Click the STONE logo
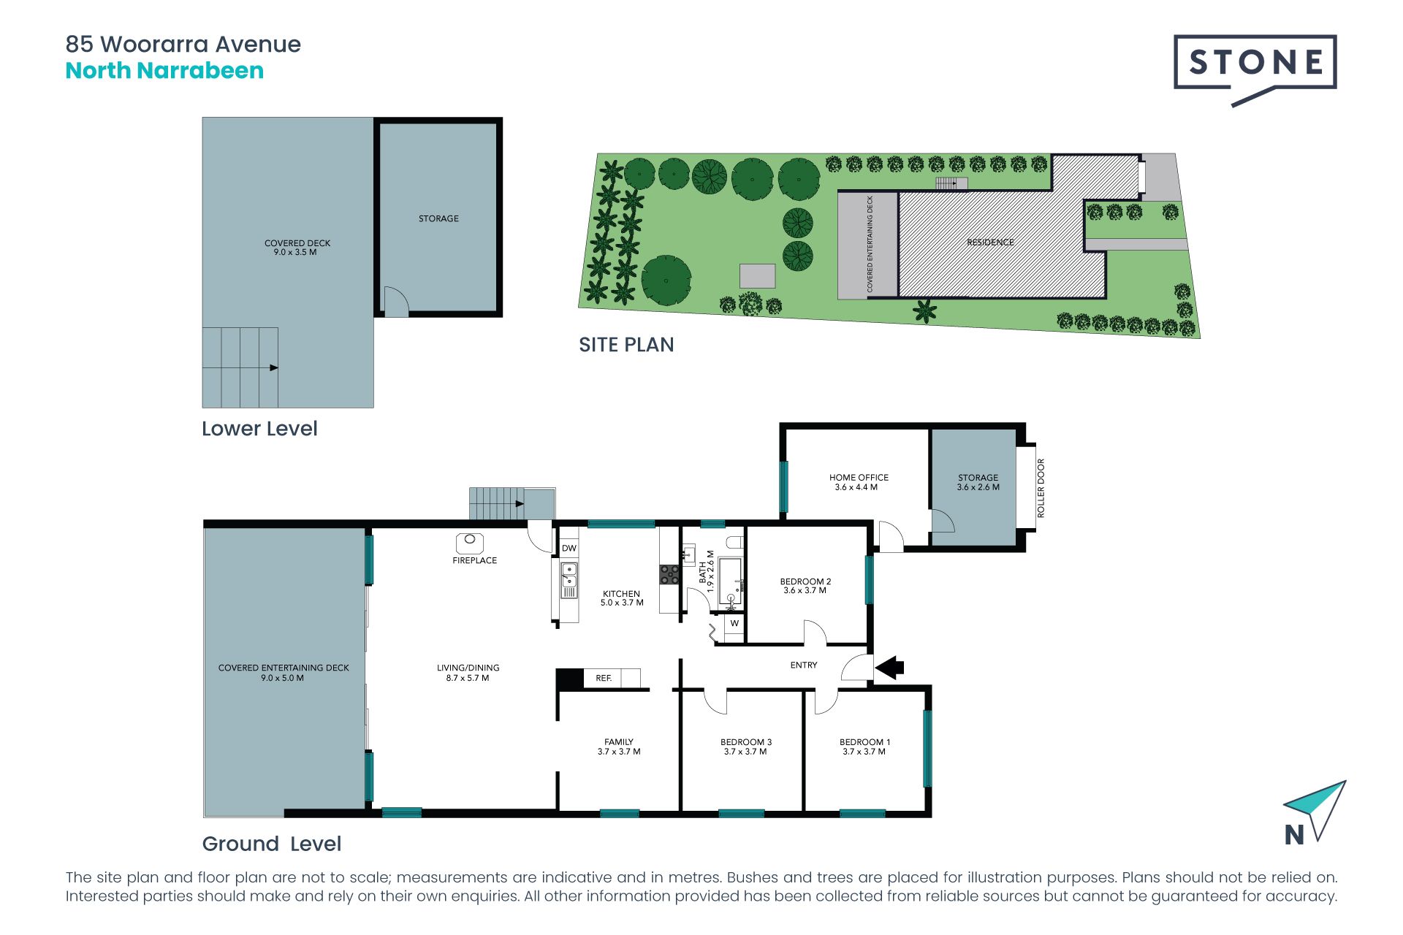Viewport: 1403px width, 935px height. pos(1255,69)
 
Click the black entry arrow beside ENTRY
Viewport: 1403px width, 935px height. pos(889,667)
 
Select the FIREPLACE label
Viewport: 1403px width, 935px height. pos(474,560)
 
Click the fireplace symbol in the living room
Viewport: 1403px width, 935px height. pos(470,543)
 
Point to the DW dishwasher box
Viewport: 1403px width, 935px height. pos(569,548)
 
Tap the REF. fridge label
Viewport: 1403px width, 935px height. pos(604,678)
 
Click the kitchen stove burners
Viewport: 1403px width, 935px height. pos(669,575)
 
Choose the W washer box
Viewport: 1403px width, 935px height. pos(734,624)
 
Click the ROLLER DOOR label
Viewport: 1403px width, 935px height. pos(1041,488)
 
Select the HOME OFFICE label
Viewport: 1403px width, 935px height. pos(859,477)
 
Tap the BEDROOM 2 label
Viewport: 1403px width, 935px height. pos(805,581)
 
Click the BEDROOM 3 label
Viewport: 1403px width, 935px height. pos(746,742)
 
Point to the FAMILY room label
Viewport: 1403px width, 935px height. pos(619,741)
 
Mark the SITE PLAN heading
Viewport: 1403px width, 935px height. pos(626,345)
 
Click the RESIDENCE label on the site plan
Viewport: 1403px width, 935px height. pos(990,242)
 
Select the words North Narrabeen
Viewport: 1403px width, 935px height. pos(164,71)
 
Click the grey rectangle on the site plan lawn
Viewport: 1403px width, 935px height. pos(757,276)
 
